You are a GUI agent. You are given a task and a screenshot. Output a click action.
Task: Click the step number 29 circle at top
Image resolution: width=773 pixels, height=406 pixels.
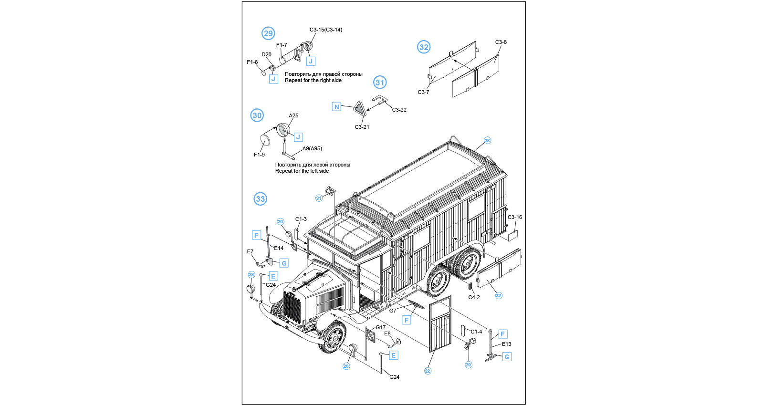(x=268, y=33)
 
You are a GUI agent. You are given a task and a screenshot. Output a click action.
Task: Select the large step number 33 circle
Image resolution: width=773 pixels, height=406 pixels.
(x=260, y=199)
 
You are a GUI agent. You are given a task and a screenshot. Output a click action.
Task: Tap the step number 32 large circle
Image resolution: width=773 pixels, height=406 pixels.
(x=424, y=47)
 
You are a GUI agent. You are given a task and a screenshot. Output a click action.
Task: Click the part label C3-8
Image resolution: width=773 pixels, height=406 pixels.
(x=501, y=42)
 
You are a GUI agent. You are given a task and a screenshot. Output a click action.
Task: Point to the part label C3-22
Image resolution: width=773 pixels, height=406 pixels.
(x=399, y=110)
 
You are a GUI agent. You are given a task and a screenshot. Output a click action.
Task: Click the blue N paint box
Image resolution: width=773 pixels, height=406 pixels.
(x=336, y=106)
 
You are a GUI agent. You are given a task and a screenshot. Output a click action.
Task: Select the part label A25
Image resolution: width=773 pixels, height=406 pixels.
(x=293, y=115)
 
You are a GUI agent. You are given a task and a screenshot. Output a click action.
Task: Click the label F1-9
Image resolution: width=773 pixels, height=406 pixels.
(x=259, y=155)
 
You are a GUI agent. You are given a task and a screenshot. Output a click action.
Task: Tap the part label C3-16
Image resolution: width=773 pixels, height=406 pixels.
(x=514, y=218)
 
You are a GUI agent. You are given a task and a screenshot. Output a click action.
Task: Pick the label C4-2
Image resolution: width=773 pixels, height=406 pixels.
(x=474, y=297)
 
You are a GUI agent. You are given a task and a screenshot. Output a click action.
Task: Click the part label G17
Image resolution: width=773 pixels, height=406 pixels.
(x=381, y=327)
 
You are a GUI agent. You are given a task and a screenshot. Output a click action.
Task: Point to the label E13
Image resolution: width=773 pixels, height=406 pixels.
(x=507, y=344)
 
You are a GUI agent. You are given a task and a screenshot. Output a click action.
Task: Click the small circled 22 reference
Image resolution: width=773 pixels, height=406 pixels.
(x=428, y=371)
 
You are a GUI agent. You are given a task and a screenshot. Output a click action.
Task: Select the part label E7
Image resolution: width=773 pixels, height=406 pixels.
(x=250, y=251)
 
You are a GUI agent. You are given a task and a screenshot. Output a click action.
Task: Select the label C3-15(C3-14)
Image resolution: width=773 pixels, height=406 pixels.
(x=326, y=30)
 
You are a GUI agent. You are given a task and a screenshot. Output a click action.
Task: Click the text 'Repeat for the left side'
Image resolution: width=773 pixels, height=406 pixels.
(x=302, y=171)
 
